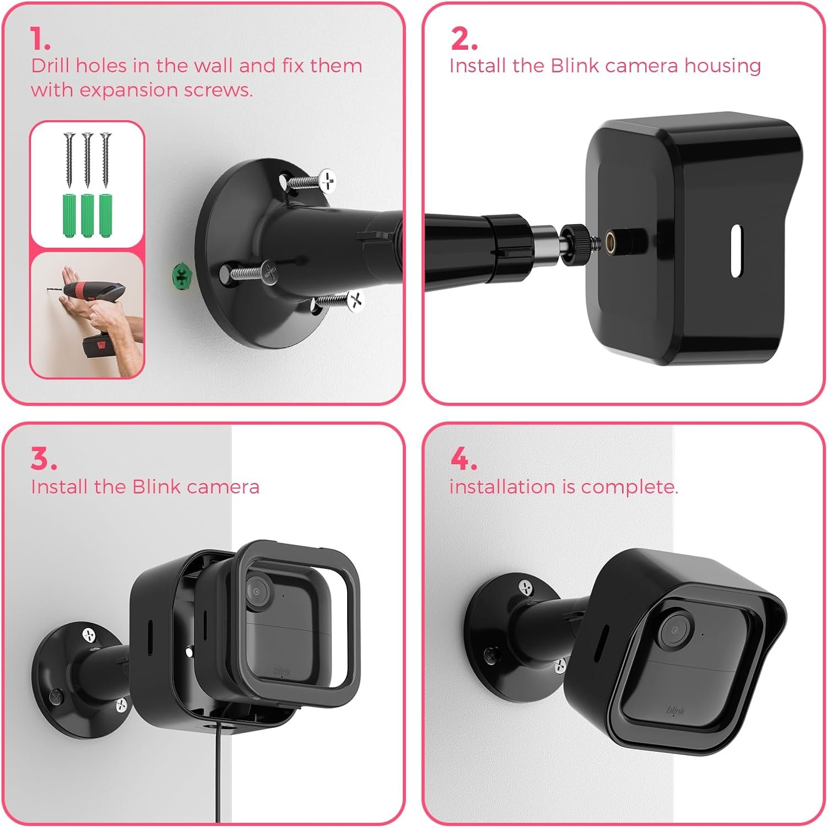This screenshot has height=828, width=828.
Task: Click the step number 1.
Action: pyautogui.click(x=40, y=39)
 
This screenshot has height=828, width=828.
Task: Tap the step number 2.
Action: pyautogui.click(x=464, y=39)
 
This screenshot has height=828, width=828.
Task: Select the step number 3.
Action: pyautogui.click(x=44, y=459)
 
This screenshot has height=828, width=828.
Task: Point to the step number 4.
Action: pyautogui.click(x=464, y=459)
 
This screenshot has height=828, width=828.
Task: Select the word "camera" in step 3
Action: pyautogui.click(x=223, y=487)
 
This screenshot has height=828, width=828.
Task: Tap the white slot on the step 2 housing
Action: pyautogui.click(x=736, y=251)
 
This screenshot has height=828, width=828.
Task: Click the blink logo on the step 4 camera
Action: pyautogui.click(x=675, y=710)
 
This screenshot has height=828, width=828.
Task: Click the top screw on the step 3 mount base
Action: pyautogui.click(x=89, y=635)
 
